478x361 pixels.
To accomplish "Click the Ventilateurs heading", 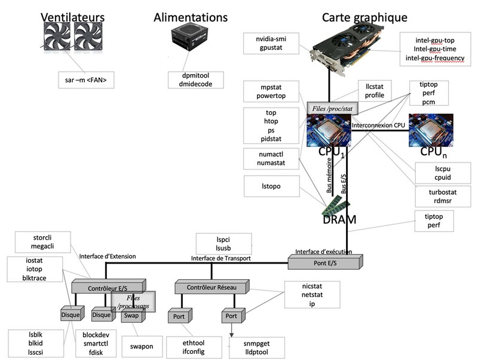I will click(x=72, y=17).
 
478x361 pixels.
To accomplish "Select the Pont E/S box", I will click(x=324, y=262).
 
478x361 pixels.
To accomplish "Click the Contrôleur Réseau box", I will click(x=212, y=288).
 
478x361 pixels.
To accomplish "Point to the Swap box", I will click(x=131, y=315).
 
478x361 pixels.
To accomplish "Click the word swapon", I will click(x=142, y=346).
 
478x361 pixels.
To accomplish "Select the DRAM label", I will click(x=339, y=219).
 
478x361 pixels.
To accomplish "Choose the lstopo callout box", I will click(x=271, y=186).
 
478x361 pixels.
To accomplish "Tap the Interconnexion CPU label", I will click(x=379, y=126).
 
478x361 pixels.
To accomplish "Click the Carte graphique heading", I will click(x=364, y=17).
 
